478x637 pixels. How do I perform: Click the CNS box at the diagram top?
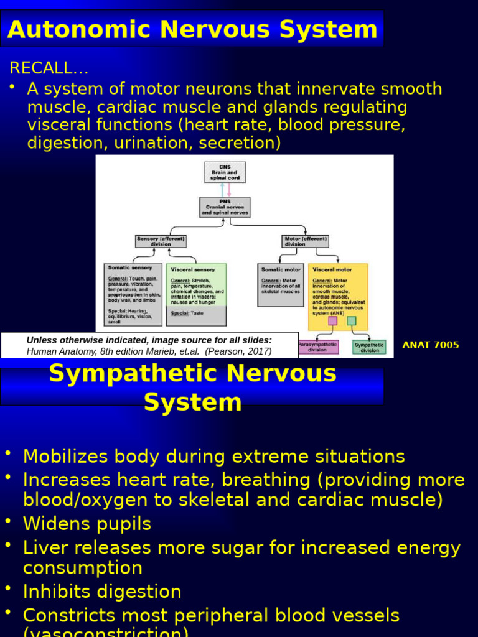click(x=225, y=172)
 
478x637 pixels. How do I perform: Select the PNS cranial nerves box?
click(x=225, y=207)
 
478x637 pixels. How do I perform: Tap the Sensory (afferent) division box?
click(x=161, y=241)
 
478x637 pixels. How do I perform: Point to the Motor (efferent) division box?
click(x=305, y=241)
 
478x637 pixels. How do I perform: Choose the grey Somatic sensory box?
click(x=133, y=294)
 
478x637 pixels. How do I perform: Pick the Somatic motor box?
click(x=281, y=284)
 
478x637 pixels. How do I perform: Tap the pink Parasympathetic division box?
click(x=318, y=346)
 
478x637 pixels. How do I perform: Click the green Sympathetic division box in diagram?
click(x=369, y=346)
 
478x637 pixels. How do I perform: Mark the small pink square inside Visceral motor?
click(x=333, y=321)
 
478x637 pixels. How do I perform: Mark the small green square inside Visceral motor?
click(x=352, y=321)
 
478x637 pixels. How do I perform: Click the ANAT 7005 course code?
click(x=431, y=345)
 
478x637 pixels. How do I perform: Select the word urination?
click(x=149, y=143)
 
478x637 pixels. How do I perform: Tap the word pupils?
click(x=123, y=524)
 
